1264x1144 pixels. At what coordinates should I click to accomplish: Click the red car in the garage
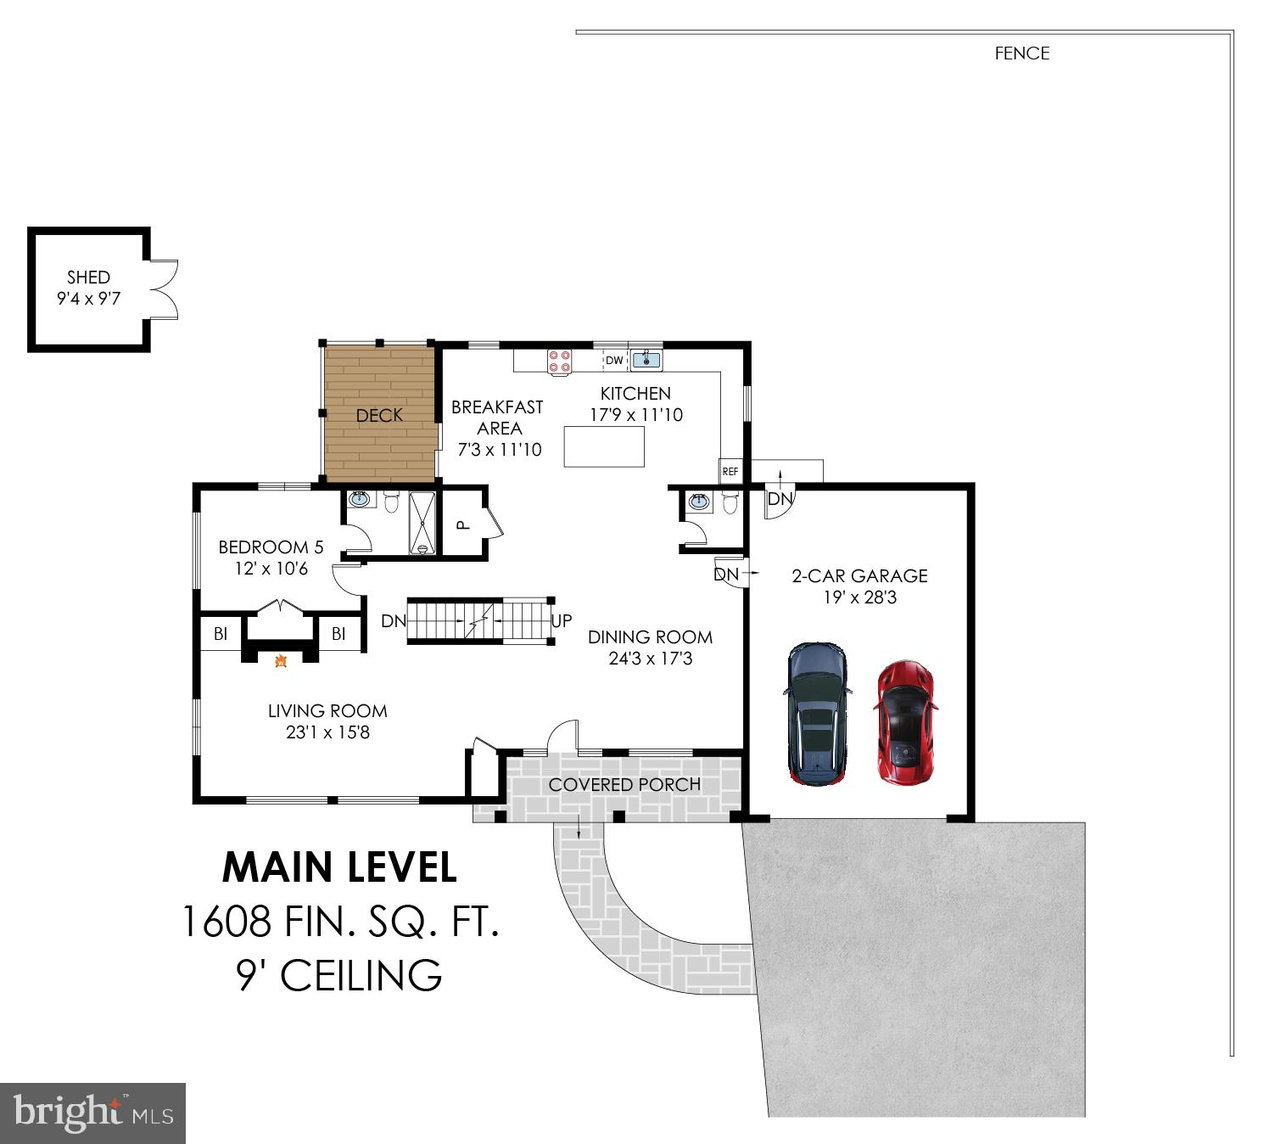click(x=905, y=723)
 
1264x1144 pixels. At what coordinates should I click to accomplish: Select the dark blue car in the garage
click(x=817, y=714)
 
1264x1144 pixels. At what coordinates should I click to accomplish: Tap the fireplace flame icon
click(x=281, y=660)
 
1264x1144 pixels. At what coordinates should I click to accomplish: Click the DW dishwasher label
click(x=613, y=360)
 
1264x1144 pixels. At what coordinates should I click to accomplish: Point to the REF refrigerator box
click(x=730, y=471)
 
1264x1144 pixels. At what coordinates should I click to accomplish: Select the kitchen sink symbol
click(x=646, y=360)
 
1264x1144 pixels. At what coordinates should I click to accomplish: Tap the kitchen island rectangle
click(x=604, y=446)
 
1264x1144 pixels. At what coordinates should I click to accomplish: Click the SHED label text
click(x=88, y=277)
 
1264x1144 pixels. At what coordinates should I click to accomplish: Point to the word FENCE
click(x=1022, y=53)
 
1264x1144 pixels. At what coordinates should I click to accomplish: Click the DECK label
click(x=379, y=415)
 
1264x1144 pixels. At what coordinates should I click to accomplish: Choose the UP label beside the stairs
click(x=562, y=620)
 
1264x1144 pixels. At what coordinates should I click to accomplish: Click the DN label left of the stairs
click(x=394, y=621)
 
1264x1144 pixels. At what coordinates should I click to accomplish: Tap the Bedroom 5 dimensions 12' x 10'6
click(x=271, y=569)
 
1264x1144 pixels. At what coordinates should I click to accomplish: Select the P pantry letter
click(x=463, y=524)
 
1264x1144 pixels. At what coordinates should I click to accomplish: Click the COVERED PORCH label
click(x=624, y=784)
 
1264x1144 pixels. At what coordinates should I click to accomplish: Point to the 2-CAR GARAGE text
click(x=859, y=575)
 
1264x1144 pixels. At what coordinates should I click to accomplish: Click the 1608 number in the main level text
click(x=227, y=921)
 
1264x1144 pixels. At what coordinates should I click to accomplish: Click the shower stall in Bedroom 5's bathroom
click(x=422, y=524)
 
